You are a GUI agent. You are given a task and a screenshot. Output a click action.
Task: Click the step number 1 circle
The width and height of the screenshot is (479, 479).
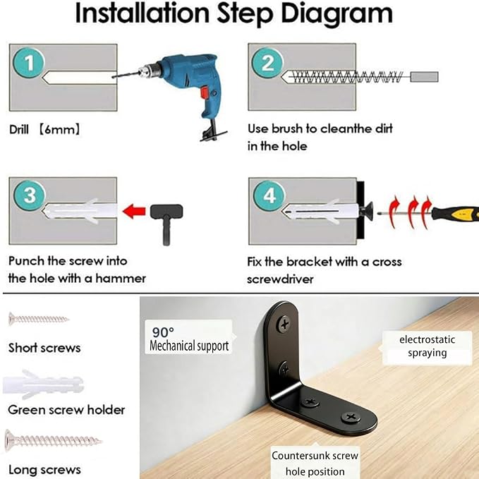click(29, 63)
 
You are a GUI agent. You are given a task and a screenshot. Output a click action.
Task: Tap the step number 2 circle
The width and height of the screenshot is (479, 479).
click(267, 63)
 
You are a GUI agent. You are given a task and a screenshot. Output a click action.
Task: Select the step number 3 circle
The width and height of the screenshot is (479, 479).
click(30, 195)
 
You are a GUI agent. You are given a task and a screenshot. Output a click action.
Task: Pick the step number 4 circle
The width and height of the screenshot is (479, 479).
click(269, 195)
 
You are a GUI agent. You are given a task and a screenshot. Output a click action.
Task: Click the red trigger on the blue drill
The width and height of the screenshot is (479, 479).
click(205, 92)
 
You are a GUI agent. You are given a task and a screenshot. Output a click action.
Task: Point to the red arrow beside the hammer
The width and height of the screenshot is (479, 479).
click(134, 211)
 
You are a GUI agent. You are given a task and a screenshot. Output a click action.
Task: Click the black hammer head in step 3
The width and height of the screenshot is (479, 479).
click(166, 211)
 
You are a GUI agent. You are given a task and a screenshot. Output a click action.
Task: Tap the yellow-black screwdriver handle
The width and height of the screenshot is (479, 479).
click(455, 212)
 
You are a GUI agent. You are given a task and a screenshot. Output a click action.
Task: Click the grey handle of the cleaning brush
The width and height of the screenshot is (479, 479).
click(424, 77)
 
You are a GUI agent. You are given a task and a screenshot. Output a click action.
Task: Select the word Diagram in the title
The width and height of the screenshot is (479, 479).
click(336, 13)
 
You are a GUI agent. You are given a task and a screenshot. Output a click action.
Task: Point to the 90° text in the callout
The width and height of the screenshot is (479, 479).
click(163, 332)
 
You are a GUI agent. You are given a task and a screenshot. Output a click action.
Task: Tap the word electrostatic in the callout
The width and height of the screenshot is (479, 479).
click(427, 339)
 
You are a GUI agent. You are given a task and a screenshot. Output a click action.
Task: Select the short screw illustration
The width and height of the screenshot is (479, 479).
click(39, 320)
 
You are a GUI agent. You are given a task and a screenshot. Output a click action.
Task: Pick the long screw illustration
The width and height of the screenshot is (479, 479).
click(53, 440)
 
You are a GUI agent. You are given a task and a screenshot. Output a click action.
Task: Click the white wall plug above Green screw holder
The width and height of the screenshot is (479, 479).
click(43, 384)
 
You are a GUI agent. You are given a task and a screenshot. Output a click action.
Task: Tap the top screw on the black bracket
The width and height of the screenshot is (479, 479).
click(284, 324)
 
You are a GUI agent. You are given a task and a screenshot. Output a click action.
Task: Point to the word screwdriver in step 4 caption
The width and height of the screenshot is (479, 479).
click(280, 279)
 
